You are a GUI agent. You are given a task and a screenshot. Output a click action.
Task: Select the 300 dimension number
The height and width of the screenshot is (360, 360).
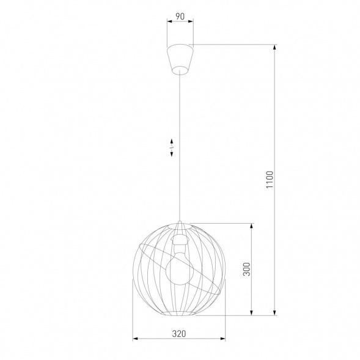click(246, 270)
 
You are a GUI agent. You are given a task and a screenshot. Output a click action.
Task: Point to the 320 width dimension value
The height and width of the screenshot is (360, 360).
click(179, 334)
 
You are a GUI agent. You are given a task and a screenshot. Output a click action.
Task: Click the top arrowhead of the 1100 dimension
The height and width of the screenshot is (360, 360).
click(274, 46)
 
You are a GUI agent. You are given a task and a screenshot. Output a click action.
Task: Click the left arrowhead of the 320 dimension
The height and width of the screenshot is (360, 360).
click(135, 339)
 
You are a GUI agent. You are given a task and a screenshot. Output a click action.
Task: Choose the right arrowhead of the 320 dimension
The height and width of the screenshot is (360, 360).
click(224, 339)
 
